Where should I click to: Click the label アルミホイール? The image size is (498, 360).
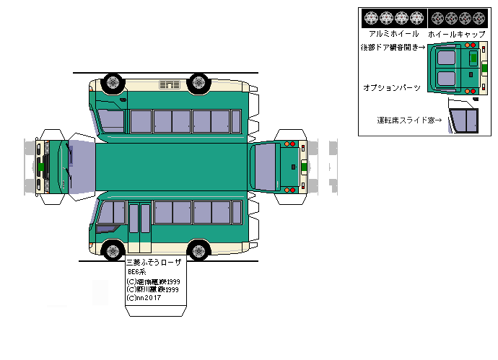pyautogui.click(x=393, y=34)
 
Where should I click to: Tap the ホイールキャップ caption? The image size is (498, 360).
pyautogui.click(x=458, y=34)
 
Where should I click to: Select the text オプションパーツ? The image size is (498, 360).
pyautogui.click(x=392, y=87)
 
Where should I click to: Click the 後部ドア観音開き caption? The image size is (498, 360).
pyautogui.click(x=393, y=47)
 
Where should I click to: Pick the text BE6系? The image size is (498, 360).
pyautogui.click(x=139, y=271)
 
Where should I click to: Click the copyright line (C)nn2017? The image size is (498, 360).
pyautogui.click(x=144, y=297)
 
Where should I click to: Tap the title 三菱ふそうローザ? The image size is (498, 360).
pyautogui.click(x=154, y=262)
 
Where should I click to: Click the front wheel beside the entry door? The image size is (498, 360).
pyautogui.click(x=113, y=251)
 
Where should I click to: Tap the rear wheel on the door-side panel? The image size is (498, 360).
pyautogui.click(x=198, y=251)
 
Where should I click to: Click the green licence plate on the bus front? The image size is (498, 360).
pyautogui.click(x=41, y=166)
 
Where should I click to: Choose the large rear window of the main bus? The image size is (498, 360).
pyautogui.click(x=264, y=167)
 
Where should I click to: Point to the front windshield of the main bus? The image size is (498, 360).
pyautogui.click(x=81, y=166)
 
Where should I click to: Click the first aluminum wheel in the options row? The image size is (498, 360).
pyautogui.click(x=372, y=18)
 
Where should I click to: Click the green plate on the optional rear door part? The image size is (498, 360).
pyautogui.click(x=473, y=57)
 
